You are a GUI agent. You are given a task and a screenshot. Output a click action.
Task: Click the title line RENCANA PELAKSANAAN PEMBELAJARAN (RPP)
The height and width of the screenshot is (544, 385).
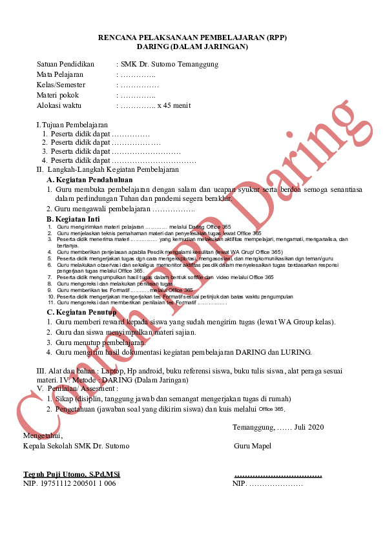click(x=192, y=38)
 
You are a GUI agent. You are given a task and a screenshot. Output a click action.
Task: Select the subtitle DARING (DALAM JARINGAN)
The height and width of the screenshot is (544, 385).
click(x=192, y=47)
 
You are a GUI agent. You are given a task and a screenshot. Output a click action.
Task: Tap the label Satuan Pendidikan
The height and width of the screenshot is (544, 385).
click(x=65, y=65)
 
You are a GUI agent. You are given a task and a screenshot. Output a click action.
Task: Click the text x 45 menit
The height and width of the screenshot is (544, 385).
click(x=174, y=106)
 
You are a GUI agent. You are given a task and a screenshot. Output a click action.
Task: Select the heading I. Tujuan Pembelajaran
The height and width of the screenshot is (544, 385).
click(x=72, y=125)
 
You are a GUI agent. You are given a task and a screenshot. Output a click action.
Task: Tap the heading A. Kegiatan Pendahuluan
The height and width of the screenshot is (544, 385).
click(x=90, y=180)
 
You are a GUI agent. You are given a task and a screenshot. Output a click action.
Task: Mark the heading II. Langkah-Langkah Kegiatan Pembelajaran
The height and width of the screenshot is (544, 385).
click(x=107, y=170)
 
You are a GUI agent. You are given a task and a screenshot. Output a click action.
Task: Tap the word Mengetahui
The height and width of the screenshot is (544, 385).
click(x=43, y=436)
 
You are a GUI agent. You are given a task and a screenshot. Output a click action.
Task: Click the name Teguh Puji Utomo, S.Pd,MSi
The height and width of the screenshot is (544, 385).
click(x=72, y=475)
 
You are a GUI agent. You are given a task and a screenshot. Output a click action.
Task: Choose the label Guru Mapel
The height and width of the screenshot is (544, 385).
click(x=253, y=446)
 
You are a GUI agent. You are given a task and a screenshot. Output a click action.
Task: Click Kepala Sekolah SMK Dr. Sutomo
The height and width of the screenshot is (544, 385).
click(x=76, y=446)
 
